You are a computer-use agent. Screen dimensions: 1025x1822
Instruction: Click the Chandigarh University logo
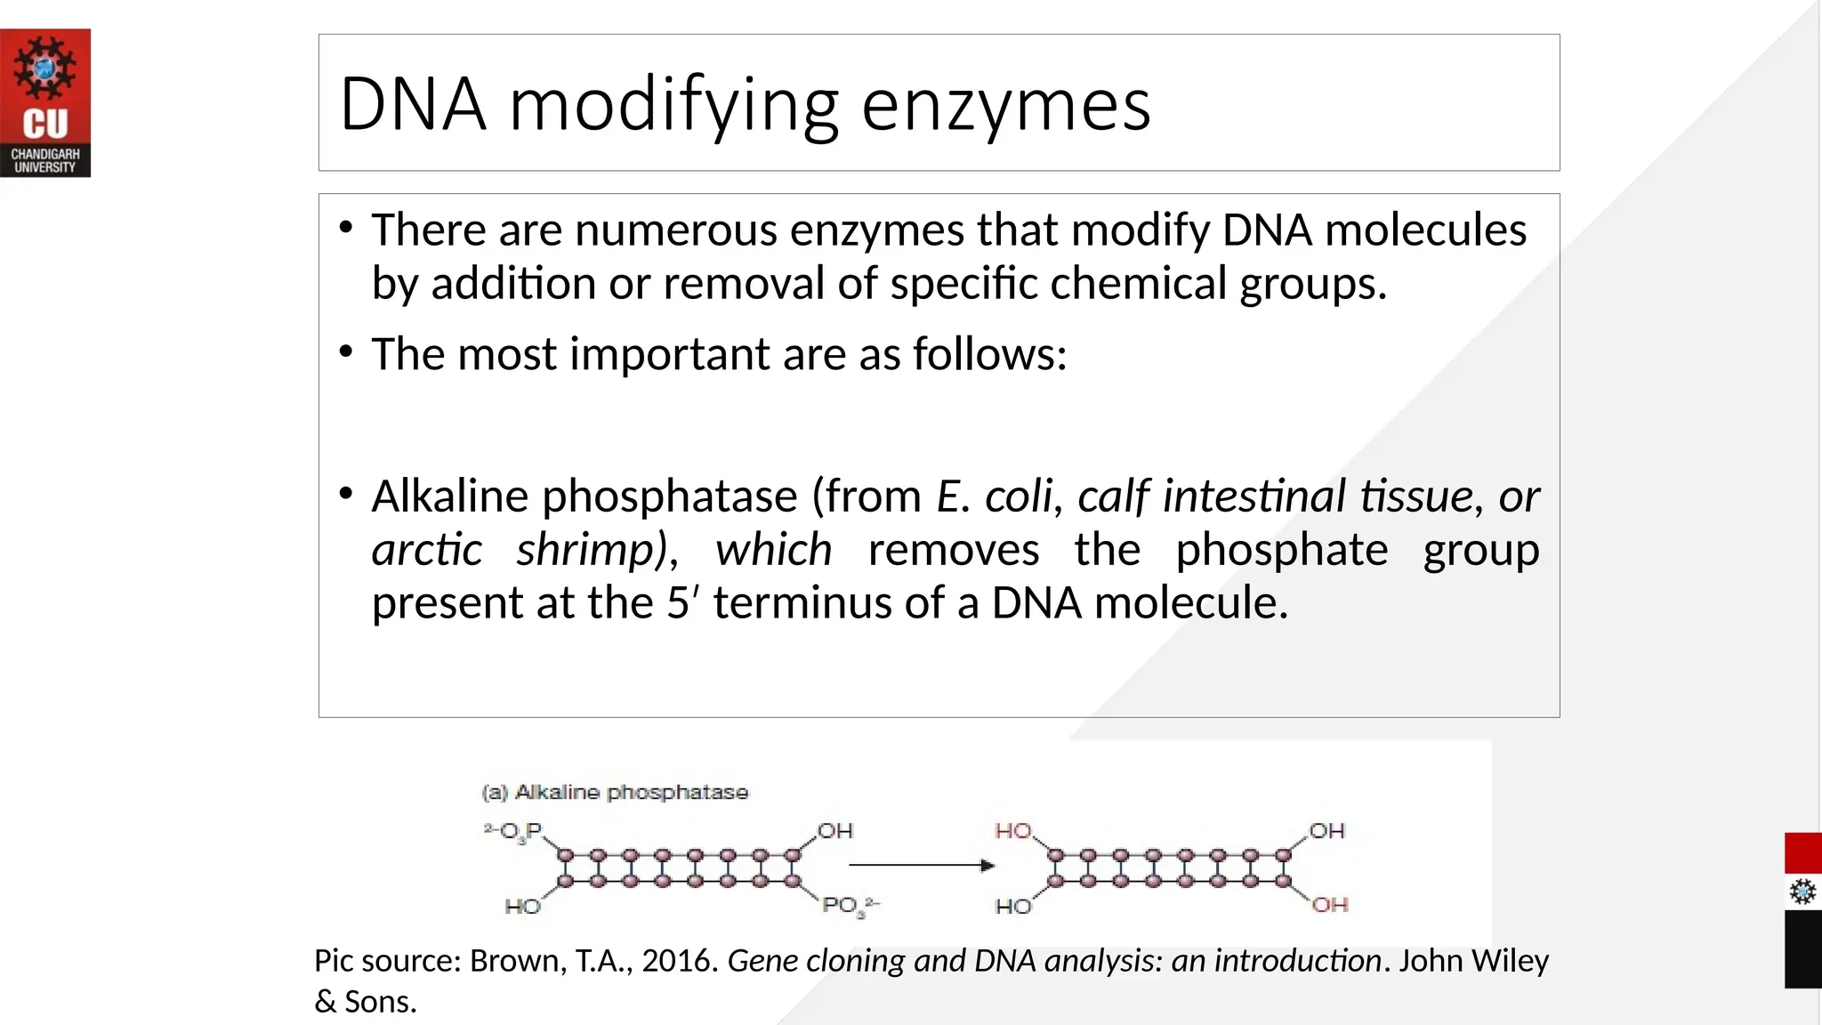pos(45,102)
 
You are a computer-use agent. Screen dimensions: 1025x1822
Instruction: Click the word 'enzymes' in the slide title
pos(1005,105)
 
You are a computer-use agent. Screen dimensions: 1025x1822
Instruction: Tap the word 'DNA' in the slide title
pos(413,105)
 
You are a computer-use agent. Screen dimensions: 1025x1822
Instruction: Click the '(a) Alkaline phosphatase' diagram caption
pos(615,792)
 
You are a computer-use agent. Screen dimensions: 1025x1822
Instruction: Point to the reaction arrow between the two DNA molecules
pos(920,865)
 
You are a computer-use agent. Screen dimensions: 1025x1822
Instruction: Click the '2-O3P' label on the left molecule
pos(513,831)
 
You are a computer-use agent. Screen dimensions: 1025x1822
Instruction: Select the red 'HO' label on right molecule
pos(1012,831)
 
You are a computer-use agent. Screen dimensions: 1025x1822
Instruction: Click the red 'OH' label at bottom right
pos(1330,905)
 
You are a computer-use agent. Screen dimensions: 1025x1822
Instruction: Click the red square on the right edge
pos(1802,853)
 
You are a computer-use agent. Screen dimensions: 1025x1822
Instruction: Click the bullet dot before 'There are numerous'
pos(346,228)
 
